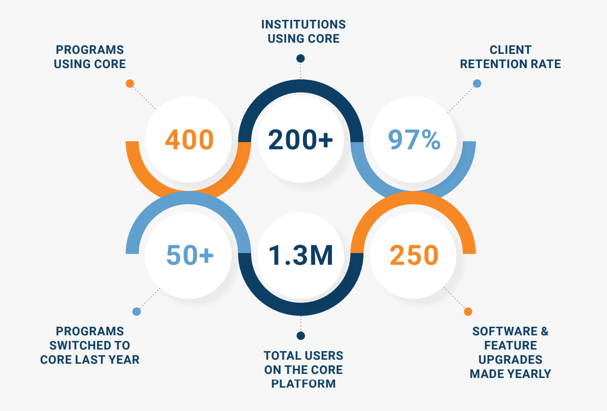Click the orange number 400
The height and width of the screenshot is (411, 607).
click(x=189, y=140)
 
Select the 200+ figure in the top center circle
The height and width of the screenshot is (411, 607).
click(x=300, y=140)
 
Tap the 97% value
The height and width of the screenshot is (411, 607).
click(x=414, y=140)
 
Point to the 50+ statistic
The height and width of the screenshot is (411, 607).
click(x=190, y=255)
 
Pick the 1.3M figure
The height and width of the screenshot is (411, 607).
click(x=300, y=255)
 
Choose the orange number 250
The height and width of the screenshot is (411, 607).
click(x=414, y=255)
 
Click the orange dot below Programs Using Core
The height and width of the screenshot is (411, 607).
click(x=130, y=83)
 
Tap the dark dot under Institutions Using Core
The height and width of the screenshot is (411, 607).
click(x=300, y=58)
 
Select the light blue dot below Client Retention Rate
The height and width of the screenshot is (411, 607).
click(x=477, y=83)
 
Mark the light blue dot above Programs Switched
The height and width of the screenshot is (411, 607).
click(x=136, y=311)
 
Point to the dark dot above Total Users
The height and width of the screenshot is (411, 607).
click(x=300, y=335)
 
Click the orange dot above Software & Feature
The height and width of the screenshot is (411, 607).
click(x=468, y=311)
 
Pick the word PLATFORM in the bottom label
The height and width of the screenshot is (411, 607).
click(x=303, y=384)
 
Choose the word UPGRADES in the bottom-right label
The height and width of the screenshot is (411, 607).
click(x=510, y=360)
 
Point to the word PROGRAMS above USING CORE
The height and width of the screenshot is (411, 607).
click(x=90, y=50)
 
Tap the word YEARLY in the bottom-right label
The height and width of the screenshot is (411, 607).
click(x=529, y=374)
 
